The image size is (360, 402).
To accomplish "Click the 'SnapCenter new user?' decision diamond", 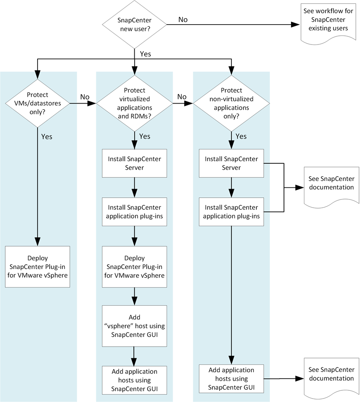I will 134,24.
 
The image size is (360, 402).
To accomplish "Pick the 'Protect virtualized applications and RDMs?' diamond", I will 134,103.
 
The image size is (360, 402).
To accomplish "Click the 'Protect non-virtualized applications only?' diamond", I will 231,103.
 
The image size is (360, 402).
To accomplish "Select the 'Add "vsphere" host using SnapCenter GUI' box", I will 134,326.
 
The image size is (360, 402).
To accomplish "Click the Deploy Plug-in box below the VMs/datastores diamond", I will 37,266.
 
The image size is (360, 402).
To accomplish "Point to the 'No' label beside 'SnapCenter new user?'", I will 183,19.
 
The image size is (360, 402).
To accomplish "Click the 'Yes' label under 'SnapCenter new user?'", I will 145,54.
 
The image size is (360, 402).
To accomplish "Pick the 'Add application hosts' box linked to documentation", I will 231,378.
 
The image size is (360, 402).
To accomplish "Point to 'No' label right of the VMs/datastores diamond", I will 85,97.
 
